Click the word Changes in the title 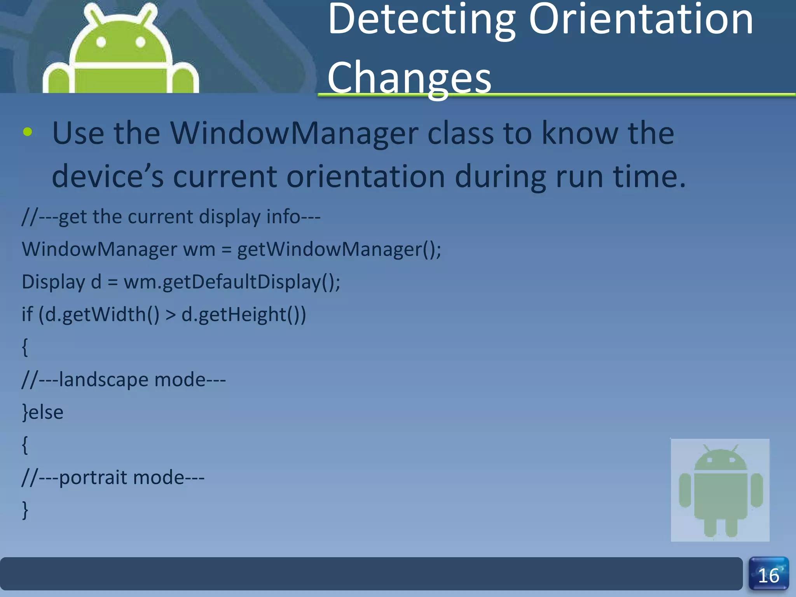point(409,78)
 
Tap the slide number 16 point(768,576)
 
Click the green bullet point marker point(28,132)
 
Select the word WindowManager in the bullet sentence point(294,133)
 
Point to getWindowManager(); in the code point(339,249)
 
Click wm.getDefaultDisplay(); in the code point(232,282)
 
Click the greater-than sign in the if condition point(171,315)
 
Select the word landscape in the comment point(103,379)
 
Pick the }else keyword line point(42,412)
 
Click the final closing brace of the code point(25,510)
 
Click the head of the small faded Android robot point(720,461)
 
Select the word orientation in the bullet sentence point(365,177)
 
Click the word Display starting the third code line point(53,282)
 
